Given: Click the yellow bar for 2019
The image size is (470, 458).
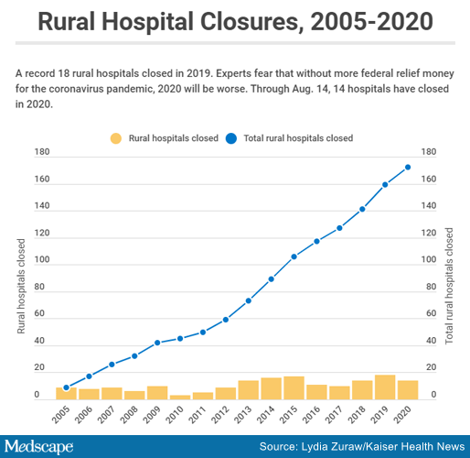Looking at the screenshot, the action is [x=385, y=387].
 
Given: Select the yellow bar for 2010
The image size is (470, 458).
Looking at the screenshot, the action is [x=180, y=398].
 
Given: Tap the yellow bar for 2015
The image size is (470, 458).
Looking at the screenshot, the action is [x=294, y=388].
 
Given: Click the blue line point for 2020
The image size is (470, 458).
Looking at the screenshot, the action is [x=408, y=168].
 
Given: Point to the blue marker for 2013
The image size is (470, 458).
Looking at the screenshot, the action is [x=249, y=300].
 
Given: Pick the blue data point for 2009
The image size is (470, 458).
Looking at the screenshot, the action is [x=157, y=343].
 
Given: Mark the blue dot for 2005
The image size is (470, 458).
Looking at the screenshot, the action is [x=66, y=387].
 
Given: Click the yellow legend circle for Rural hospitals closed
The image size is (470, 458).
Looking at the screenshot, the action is [x=116, y=138].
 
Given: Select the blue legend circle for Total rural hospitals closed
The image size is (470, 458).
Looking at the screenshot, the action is [x=231, y=138].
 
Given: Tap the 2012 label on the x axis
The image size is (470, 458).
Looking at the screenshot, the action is [x=221, y=414].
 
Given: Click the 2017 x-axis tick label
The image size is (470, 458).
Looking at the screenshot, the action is [x=335, y=414].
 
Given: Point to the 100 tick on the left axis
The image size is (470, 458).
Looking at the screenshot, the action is [x=42, y=259].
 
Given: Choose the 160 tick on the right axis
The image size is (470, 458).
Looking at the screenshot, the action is [x=429, y=179].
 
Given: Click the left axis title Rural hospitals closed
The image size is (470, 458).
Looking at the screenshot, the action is [x=21, y=286].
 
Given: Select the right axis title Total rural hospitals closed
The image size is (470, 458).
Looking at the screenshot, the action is [x=449, y=286].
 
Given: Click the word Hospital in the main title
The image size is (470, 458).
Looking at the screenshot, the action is [x=148, y=21].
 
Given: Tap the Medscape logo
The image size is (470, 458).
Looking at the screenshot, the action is [x=38, y=447].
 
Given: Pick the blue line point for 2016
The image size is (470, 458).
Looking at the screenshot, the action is [x=316, y=241].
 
